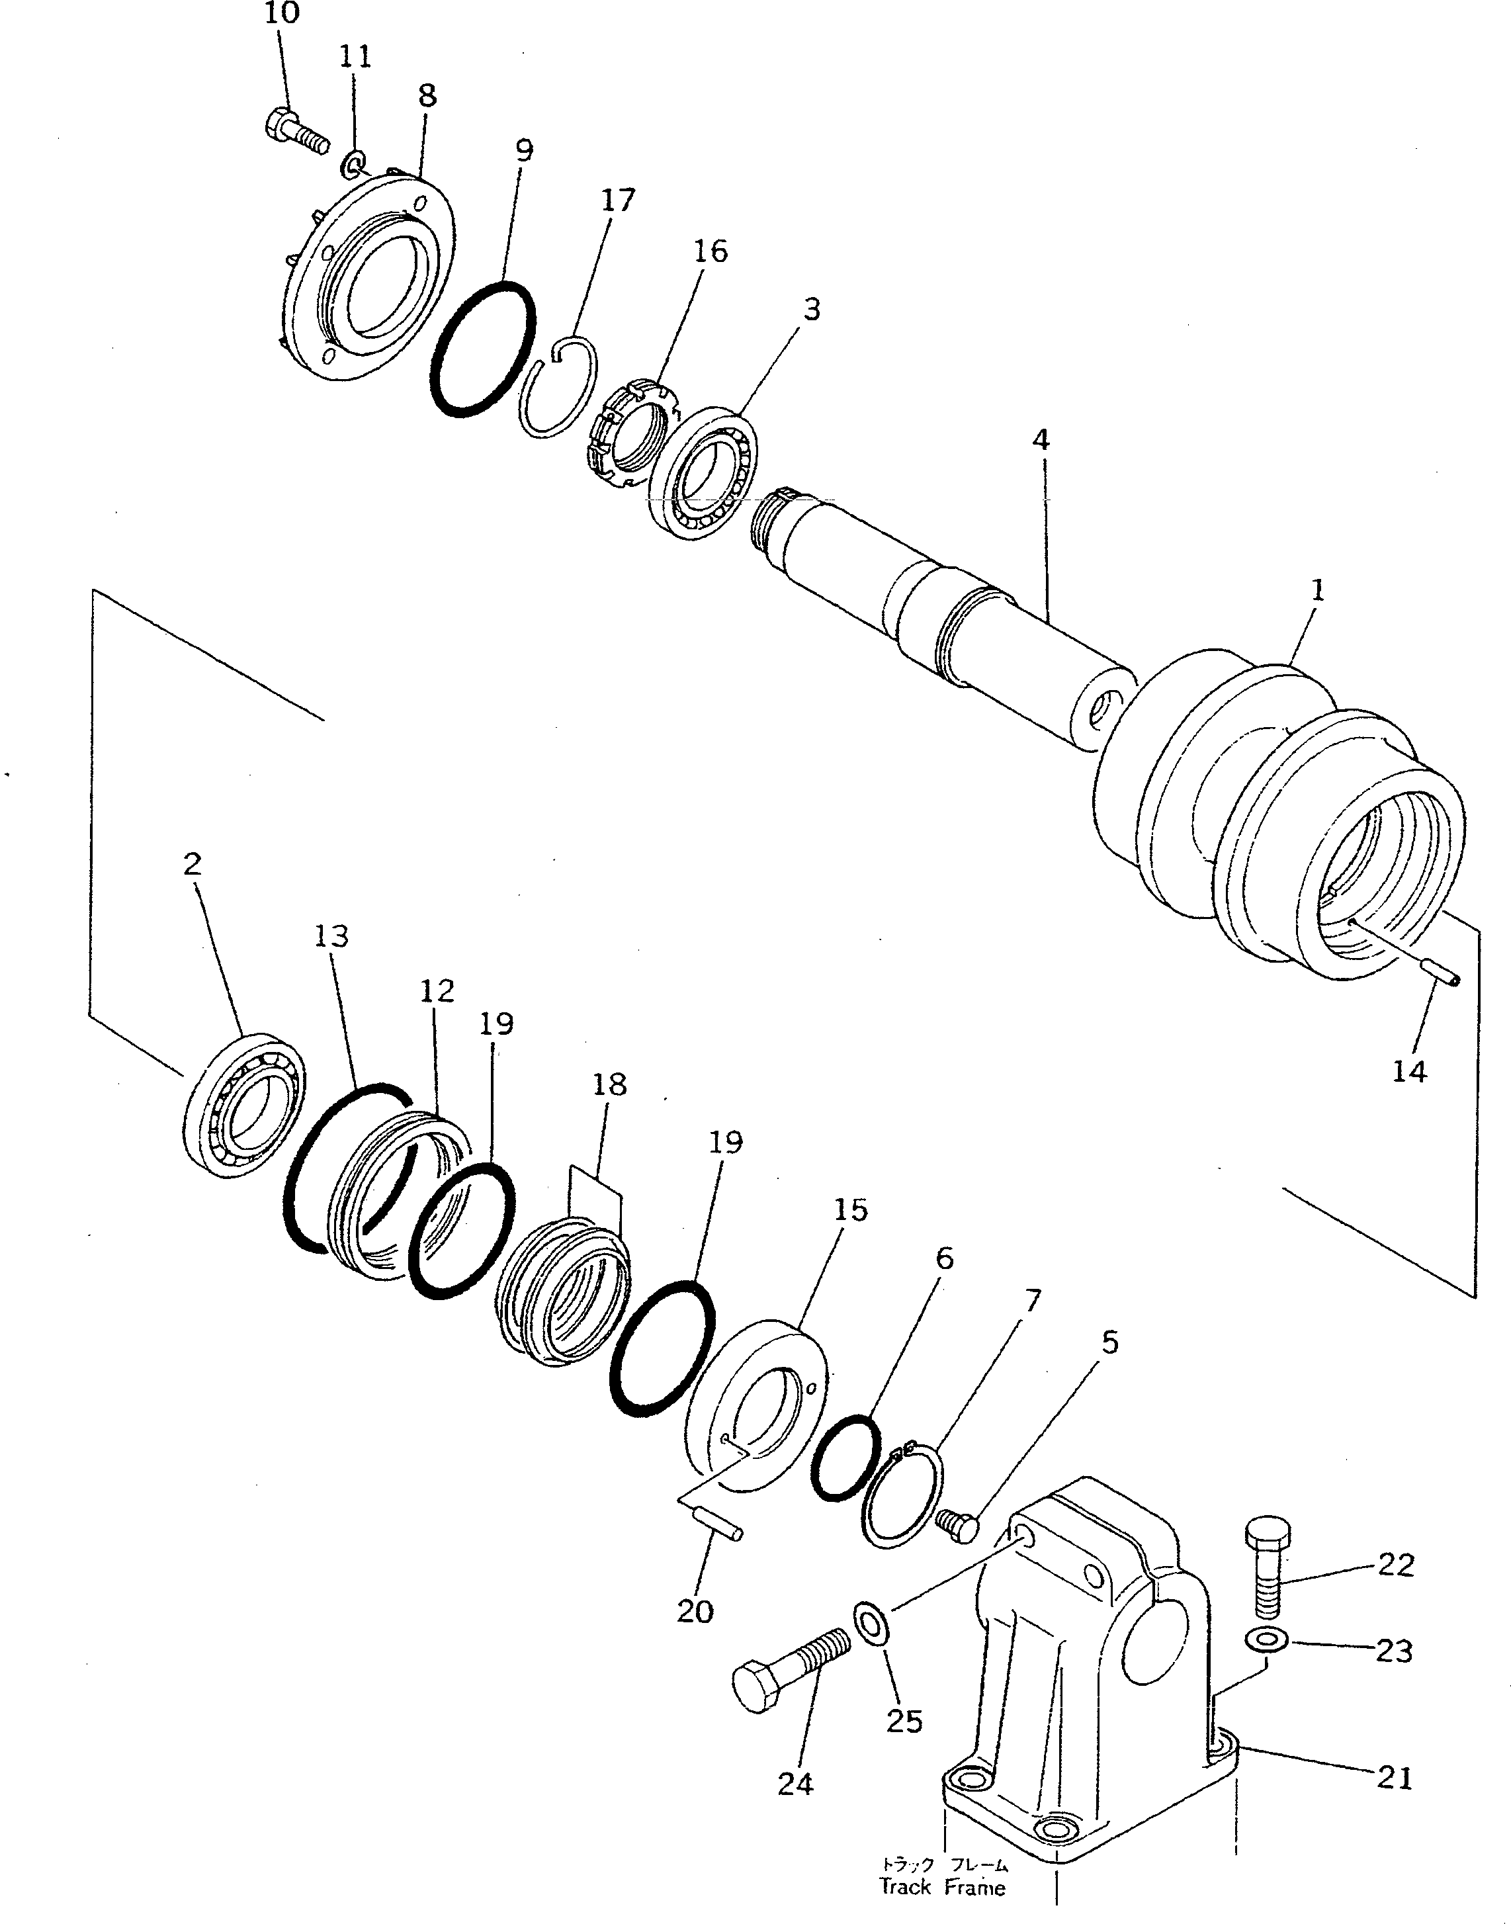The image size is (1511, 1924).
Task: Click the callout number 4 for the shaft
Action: (1041, 439)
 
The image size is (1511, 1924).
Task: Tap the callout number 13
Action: (331, 936)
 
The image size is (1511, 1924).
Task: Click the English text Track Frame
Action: (942, 1886)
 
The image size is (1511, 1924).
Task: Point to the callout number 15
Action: (850, 1209)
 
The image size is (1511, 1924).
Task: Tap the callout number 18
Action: (609, 1084)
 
